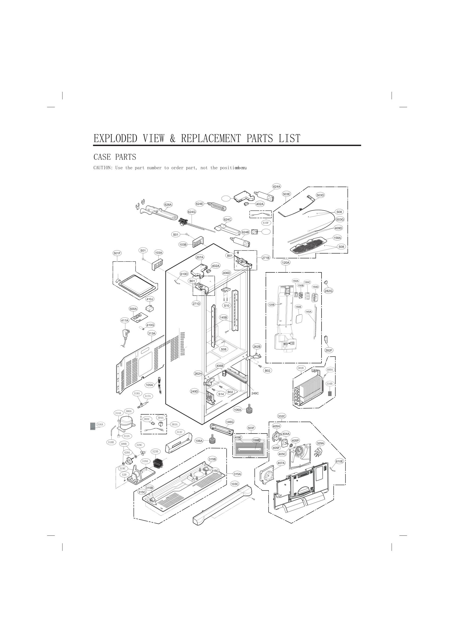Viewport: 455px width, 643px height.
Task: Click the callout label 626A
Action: pyautogui.click(x=168, y=204)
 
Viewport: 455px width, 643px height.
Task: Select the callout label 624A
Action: pyautogui.click(x=276, y=187)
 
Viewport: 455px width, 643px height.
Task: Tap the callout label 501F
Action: pyautogui.click(x=117, y=253)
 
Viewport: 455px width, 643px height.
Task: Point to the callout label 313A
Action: pyautogui.click(x=152, y=333)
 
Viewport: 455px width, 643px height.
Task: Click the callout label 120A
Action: pyautogui.click(x=286, y=262)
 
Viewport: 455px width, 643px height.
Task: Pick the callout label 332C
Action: pyautogui.click(x=282, y=416)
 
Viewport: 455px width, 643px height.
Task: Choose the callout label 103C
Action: pyautogui.click(x=235, y=484)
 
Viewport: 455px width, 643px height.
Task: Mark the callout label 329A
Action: pyautogui.click(x=320, y=443)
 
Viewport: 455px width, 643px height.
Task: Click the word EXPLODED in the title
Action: pyautogui.click(x=115, y=138)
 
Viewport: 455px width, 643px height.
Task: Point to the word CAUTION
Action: pyautogui.click(x=103, y=168)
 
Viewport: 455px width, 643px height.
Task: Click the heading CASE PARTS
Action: pyautogui.click(x=115, y=157)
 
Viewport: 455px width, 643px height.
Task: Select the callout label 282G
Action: pyautogui.click(x=329, y=291)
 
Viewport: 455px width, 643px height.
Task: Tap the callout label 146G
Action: pyautogui.click(x=230, y=422)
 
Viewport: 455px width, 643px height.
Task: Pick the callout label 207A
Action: pyautogui.click(x=200, y=257)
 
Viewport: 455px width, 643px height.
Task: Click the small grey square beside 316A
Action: pyautogui.click(x=92, y=426)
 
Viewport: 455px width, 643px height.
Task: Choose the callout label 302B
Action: pyautogui.click(x=301, y=368)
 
